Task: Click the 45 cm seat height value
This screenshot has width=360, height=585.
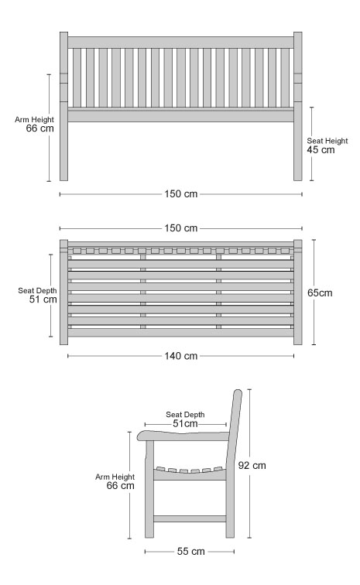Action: click(x=321, y=150)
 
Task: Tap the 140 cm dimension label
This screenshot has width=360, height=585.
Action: click(x=180, y=356)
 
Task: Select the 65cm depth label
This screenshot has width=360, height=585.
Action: click(x=320, y=292)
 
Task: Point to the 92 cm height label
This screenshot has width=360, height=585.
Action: click(x=252, y=466)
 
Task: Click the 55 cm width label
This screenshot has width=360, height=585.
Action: click(x=190, y=552)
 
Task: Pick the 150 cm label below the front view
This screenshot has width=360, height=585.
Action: click(x=180, y=194)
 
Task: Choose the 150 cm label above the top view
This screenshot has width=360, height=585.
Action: click(x=180, y=228)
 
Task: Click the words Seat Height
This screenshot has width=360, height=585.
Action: click(x=327, y=141)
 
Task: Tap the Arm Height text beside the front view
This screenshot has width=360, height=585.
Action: click(x=34, y=120)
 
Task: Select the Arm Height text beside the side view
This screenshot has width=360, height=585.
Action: click(x=115, y=477)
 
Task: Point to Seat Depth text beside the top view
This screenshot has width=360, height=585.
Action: click(x=37, y=291)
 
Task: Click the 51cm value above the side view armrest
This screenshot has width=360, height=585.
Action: click(x=185, y=424)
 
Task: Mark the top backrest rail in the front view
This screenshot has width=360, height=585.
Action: click(x=180, y=43)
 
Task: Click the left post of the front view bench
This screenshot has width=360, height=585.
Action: click(x=63, y=106)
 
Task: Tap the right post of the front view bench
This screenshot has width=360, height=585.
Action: click(x=297, y=106)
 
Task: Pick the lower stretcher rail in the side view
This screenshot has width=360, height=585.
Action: click(x=190, y=518)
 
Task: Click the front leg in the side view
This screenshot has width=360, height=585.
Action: click(x=149, y=489)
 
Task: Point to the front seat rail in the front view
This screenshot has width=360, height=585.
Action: click(x=180, y=115)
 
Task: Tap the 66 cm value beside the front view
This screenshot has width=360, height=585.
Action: click(x=40, y=128)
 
